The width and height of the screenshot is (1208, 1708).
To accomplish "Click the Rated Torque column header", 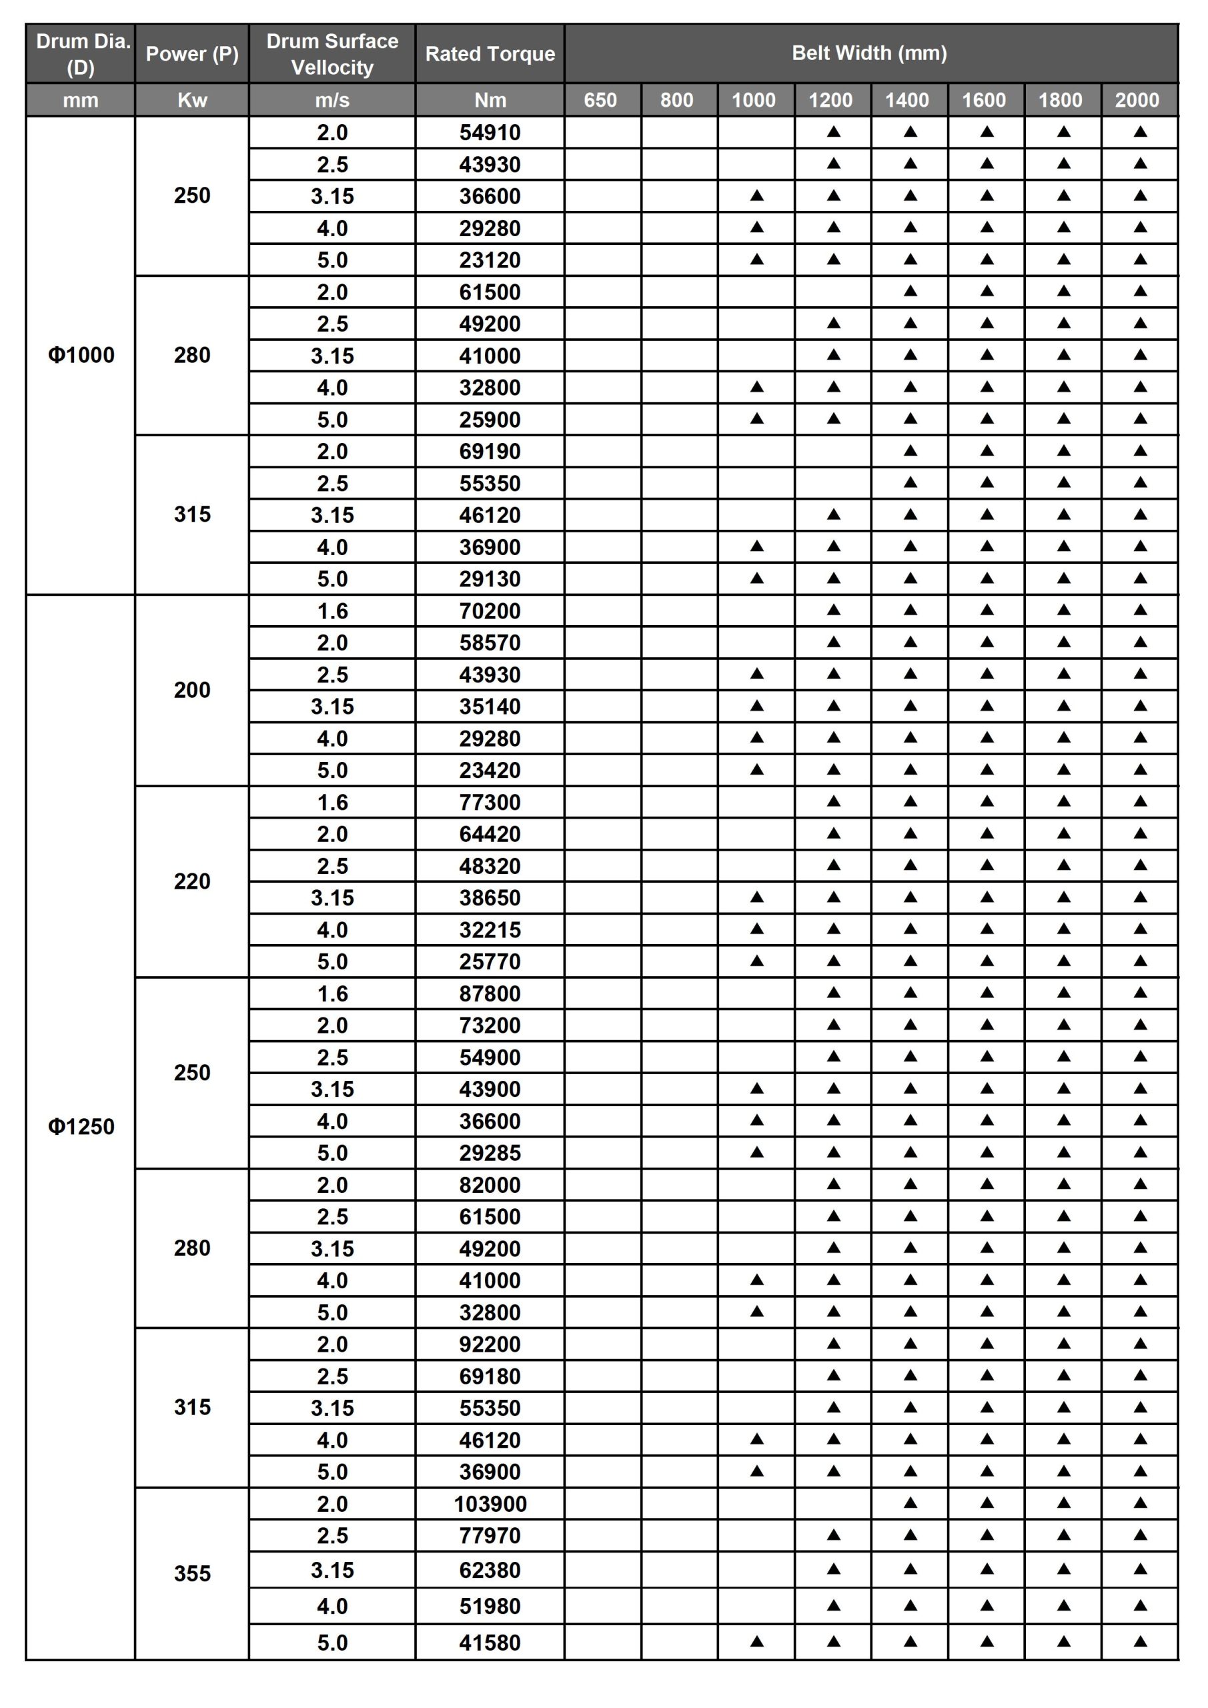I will pyautogui.click(x=490, y=53).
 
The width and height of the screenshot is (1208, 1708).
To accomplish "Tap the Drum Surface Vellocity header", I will pyautogui.click(x=332, y=53).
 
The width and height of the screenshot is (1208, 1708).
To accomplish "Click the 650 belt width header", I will pyautogui.click(x=600, y=99).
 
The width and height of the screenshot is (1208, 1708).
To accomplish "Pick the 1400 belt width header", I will pyautogui.click(x=907, y=99).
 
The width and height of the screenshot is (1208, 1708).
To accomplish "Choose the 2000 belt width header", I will pyautogui.click(x=1137, y=99).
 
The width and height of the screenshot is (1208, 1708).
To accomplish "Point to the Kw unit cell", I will pyautogui.click(x=192, y=99).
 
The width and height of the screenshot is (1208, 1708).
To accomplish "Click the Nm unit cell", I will pyautogui.click(x=490, y=99).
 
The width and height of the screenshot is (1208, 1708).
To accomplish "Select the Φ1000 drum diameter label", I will pyautogui.click(x=81, y=355).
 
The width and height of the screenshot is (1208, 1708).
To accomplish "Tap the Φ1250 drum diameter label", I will pyautogui.click(x=81, y=1126).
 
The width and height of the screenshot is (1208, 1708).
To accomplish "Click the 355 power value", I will pyautogui.click(x=192, y=1573).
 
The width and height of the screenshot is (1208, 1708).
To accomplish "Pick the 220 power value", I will pyautogui.click(x=192, y=881).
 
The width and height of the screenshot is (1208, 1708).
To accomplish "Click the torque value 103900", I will pyautogui.click(x=490, y=1503).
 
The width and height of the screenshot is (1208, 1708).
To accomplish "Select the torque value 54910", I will pyautogui.click(x=490, y=132).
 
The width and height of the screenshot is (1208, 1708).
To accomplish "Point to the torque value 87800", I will pyautogui.click(x=490, y=993).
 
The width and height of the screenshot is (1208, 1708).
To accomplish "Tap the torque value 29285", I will pyautogui.click(x=490, y=1152).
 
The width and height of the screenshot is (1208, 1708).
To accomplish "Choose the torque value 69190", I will pyautogui.click(x=490, y=451).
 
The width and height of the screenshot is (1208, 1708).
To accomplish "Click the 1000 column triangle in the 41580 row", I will pyautogui.click(x=756, y=1641).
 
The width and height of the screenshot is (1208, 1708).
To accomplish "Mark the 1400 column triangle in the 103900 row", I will pyautogui.click(x=910, y=1503).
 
